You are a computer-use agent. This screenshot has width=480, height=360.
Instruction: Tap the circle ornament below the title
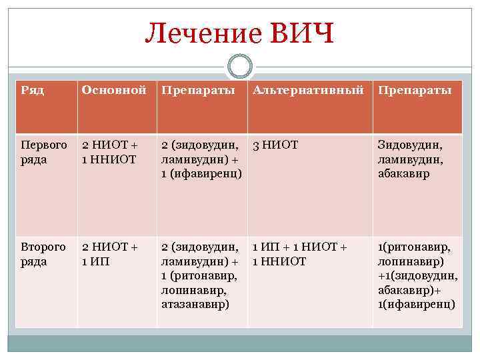[x=240, y=67]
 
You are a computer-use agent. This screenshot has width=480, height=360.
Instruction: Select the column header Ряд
[x=33, y=90]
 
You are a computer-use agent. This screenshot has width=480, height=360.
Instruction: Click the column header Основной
[x=113, y=90]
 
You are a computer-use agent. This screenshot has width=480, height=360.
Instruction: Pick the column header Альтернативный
[x=308, y=90]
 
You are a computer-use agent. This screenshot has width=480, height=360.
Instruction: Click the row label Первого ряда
[x=44, y=152]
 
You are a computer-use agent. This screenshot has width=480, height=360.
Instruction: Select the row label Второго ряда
[x=44, y=254]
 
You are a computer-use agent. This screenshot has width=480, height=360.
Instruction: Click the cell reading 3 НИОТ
[x=275, y=145]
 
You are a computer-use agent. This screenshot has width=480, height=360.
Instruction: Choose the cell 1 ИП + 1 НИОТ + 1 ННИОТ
[x=300, y=254]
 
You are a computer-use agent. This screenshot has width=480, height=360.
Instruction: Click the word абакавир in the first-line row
[x=404, y=174]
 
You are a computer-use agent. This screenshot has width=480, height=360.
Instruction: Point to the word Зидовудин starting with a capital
[x=409, y=145]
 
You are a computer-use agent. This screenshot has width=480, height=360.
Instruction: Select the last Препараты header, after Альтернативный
[x=415, y=90]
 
